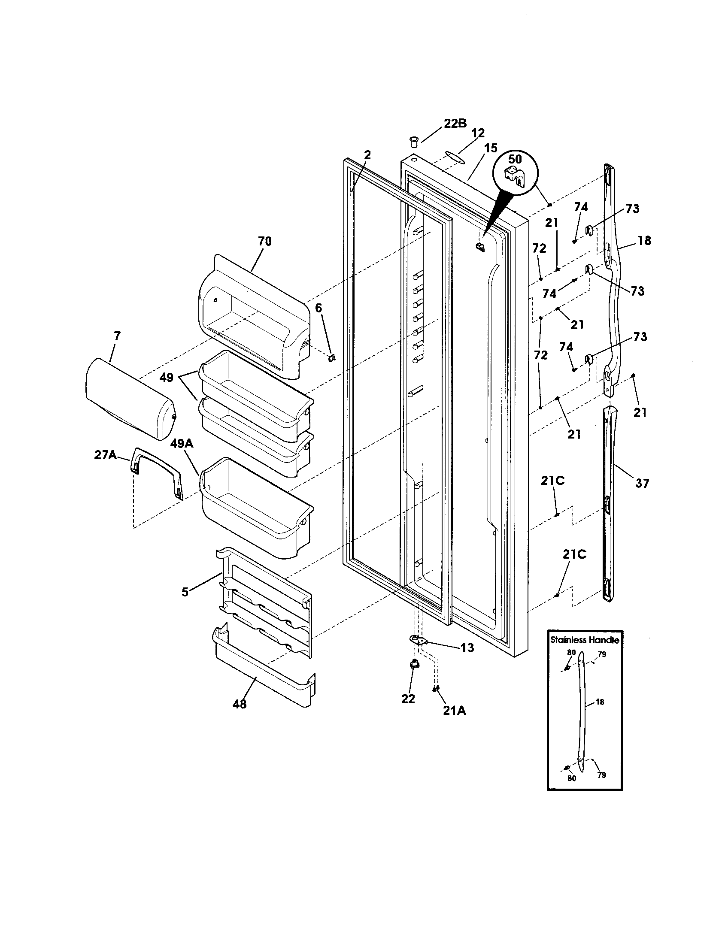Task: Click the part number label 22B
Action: coord(455,123)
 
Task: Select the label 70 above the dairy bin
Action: coord(264,241)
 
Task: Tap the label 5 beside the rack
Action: coord(185,592)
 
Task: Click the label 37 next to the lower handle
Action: coord(642,483)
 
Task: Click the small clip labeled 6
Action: coord(332,358)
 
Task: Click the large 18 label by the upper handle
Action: coord(644,240)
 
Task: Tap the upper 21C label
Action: coord(553,481)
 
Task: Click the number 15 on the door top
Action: coord(491,148)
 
